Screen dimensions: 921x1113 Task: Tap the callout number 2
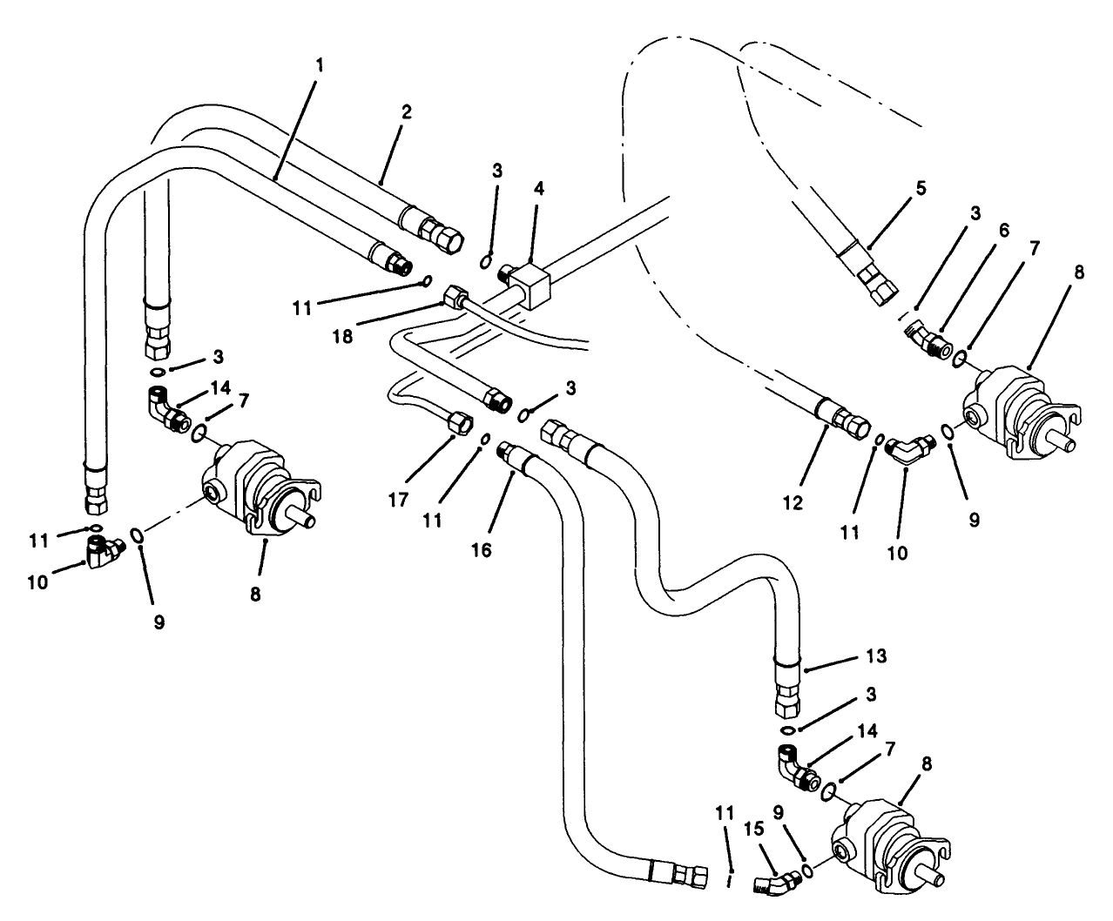pyautogui.click(x=407, y=111)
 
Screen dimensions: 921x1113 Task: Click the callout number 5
pyautogui.click(x=921, y=187)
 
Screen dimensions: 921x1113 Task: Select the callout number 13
pyautogui.click(x=877, y=656)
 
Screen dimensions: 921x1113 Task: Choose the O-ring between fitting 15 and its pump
pyautogui.click(x=808, y=871)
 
